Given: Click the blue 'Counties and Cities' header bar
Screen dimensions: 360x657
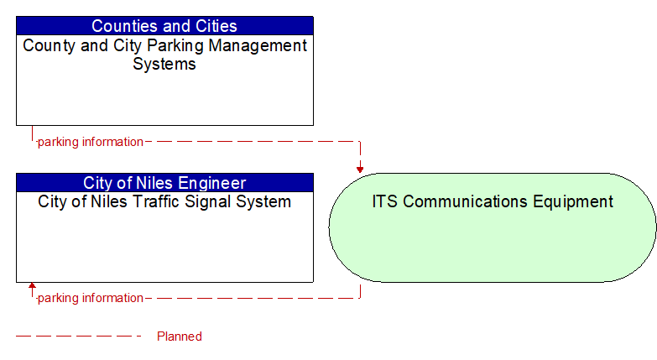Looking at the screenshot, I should [164, 26].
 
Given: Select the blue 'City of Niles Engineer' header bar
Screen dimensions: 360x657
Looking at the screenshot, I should [164, 182].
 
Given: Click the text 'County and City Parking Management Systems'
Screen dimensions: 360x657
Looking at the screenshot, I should [164, 55].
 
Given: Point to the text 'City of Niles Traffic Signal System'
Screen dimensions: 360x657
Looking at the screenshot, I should [164, 202].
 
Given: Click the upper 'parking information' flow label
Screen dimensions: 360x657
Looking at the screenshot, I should [91, 142].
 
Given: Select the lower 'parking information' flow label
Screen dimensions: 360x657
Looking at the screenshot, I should [91, 298].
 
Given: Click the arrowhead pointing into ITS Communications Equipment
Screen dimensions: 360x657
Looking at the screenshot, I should [360, 169].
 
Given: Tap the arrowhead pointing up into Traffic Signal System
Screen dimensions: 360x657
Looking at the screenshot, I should [32, 287].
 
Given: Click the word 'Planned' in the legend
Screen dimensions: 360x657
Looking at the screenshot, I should [180, 337].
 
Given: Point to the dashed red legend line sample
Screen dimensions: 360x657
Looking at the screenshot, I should [79, 337].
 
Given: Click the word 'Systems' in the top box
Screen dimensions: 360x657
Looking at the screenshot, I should [164, 64].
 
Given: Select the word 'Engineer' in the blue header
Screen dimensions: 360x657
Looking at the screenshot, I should [213, 182].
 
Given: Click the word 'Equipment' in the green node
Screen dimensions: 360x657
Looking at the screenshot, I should [572, 201].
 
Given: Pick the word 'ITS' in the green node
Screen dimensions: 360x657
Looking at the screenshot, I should [383, 201].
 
